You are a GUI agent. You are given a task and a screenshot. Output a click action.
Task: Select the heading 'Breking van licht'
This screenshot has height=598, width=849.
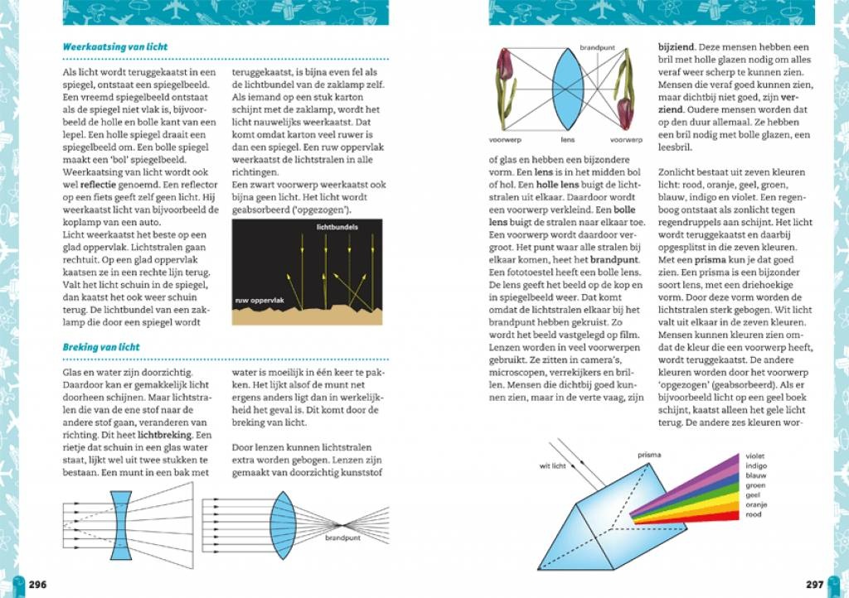[x=101, y=347]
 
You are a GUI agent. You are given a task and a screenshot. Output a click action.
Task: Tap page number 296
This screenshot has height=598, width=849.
[x=38, y=584]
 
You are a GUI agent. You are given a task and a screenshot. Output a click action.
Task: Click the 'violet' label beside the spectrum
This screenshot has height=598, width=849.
[x=755, y=456]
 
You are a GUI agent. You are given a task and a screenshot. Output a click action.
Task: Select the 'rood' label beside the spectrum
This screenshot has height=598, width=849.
[x=754, y=514]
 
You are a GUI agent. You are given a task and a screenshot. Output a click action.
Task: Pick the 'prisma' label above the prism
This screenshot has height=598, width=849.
[x=649, y=455]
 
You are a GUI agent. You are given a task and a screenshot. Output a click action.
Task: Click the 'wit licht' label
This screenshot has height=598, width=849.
[x=552, y=465]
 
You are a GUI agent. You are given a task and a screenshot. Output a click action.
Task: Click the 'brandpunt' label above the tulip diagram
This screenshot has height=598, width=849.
[x=595, y=46]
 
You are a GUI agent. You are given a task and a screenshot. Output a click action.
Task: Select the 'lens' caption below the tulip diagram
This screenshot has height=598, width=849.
[x=568, y=140]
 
